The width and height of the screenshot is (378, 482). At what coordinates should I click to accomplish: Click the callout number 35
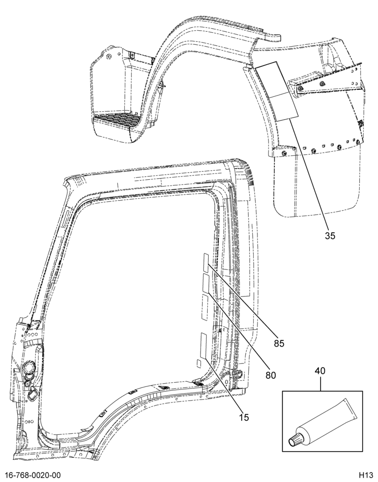(330, 236)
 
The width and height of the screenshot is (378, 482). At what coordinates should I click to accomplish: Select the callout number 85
(279, 343)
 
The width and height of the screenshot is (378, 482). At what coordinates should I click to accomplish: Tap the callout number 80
(271, 375)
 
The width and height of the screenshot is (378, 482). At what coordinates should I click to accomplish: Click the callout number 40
(320, 371)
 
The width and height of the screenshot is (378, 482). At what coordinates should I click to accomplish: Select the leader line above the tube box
(320, 383)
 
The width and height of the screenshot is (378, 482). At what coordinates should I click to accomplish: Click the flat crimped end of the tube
(351, 409)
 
